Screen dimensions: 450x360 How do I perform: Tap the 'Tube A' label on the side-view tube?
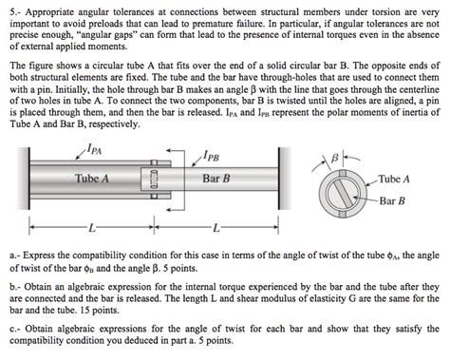click(x=92, y=179)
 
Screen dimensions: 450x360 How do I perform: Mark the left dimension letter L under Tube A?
click(x=91, y=229)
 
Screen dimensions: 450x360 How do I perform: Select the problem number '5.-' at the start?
click(x=12, y=9)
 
